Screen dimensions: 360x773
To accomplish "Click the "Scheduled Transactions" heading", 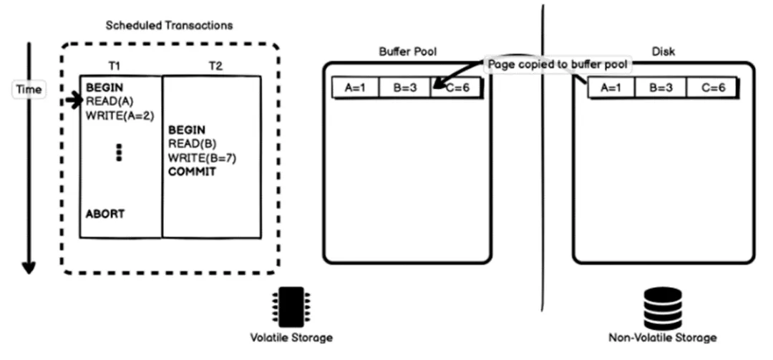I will tap(169, 25).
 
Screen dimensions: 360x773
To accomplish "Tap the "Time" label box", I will tap(29, 90).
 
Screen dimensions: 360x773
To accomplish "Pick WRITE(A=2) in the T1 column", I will tap(120, 115).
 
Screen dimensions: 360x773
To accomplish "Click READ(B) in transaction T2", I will tap(188, 144).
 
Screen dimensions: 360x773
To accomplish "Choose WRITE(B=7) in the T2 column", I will tap(203, 157).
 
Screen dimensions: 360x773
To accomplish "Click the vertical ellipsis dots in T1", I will tap(120, 152).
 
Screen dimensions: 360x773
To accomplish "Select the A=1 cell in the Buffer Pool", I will tap(356, 88).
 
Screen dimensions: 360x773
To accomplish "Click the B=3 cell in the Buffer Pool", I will tap(406, 88).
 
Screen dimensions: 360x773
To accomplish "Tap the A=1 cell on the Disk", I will tap(611, 88).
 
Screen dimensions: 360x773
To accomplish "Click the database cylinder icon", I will tap(662, 308).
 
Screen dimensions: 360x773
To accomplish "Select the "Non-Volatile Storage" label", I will tap(662, 337).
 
